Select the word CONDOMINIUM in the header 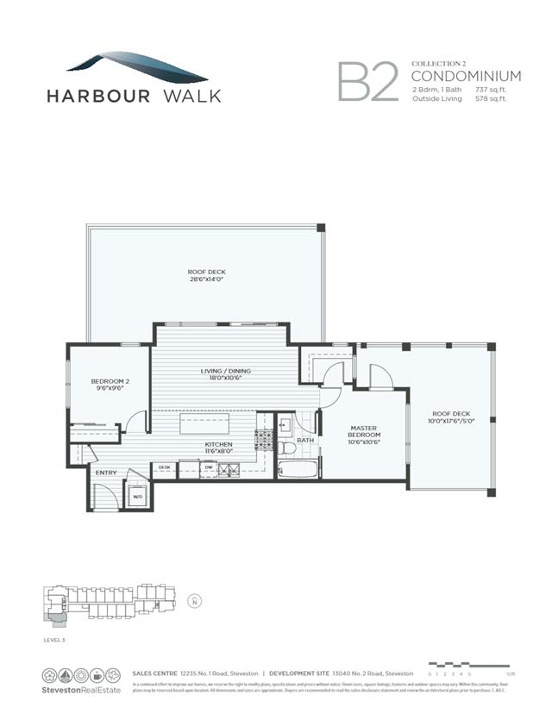[x=467, y=76]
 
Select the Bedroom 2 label [x=110, y=385]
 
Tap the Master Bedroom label [x=366, y=431]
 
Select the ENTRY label [x=106, y=472]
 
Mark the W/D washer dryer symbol [x=137, y=496]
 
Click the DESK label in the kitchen [x=165, y=468]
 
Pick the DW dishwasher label [x=208, y=468]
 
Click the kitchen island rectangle [x=204, y=425]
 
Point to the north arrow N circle [x=194, y=600]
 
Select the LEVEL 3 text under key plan [x=55, y=641]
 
